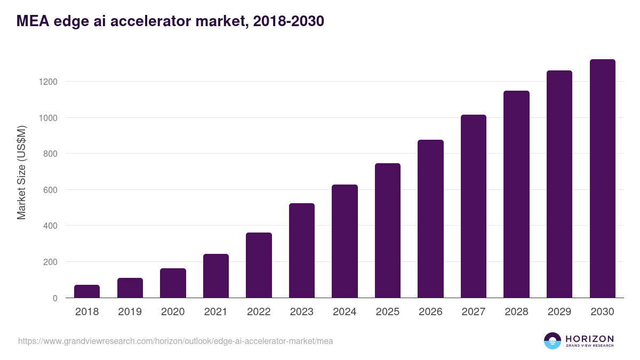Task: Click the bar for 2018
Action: [x=87, y=291]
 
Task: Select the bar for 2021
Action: [x=216, y=276]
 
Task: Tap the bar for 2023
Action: [x=302, y=251]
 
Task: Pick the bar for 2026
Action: [x=430, y=219]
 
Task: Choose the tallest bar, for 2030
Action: [x=602, y=179]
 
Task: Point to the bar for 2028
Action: [x=516, y=194]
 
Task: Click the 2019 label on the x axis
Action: [x=130, y=312]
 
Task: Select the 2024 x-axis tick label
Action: [x=345, y=312]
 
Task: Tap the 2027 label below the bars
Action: [x=474, y=312]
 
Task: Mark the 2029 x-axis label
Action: [x=559, y=312]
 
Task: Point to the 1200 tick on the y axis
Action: [x=47, y=82]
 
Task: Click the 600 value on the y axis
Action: [x=51, y=190]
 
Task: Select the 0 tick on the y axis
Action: [x=55, y=298]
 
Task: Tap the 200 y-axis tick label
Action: [x=51, y=262]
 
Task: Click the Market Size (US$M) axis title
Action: [x=21, y=173]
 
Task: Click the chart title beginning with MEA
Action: [x=170, y=21]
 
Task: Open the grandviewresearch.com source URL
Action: [x=175, y=341]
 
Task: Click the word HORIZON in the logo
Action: [x=589, y=339]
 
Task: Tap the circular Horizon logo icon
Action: [x=553, y=341]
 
